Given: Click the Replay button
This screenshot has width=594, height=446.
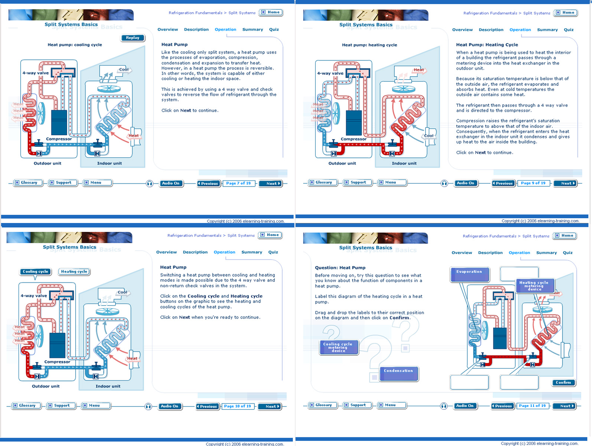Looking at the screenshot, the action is pos(132,38).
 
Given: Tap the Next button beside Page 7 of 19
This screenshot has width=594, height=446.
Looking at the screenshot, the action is pos(271,184).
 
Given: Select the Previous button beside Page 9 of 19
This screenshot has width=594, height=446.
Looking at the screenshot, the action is pos(503,183).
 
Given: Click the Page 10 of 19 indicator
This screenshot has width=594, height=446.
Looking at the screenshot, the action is pos(237,406).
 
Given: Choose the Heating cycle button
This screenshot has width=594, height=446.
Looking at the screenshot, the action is pos(74,272).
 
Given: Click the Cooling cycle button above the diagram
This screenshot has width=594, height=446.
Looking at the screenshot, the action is pos(35,272).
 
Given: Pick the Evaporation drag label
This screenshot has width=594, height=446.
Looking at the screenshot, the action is pos(469,274).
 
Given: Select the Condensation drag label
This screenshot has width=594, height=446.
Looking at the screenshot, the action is pos(398,374).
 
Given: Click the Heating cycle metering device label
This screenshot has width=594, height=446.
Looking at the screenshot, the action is pos(535,286).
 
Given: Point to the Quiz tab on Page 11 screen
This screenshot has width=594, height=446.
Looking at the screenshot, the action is pos(568,253).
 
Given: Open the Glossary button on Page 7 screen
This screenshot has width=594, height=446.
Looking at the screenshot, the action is pos(28,183).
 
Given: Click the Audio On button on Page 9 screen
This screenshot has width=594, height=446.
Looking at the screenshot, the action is pos(465,183).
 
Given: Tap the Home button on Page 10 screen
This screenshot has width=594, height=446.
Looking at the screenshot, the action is pos(270,235).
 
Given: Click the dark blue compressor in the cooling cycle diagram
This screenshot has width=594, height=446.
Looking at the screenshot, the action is pos(59,123).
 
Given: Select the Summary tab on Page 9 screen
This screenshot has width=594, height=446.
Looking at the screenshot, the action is pos(547,30).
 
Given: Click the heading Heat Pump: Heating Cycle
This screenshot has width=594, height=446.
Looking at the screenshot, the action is pos(487,45).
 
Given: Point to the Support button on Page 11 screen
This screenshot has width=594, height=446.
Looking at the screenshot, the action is pos(358,405).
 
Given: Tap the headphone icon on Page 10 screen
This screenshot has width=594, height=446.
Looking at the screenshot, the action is pos(148,407).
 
